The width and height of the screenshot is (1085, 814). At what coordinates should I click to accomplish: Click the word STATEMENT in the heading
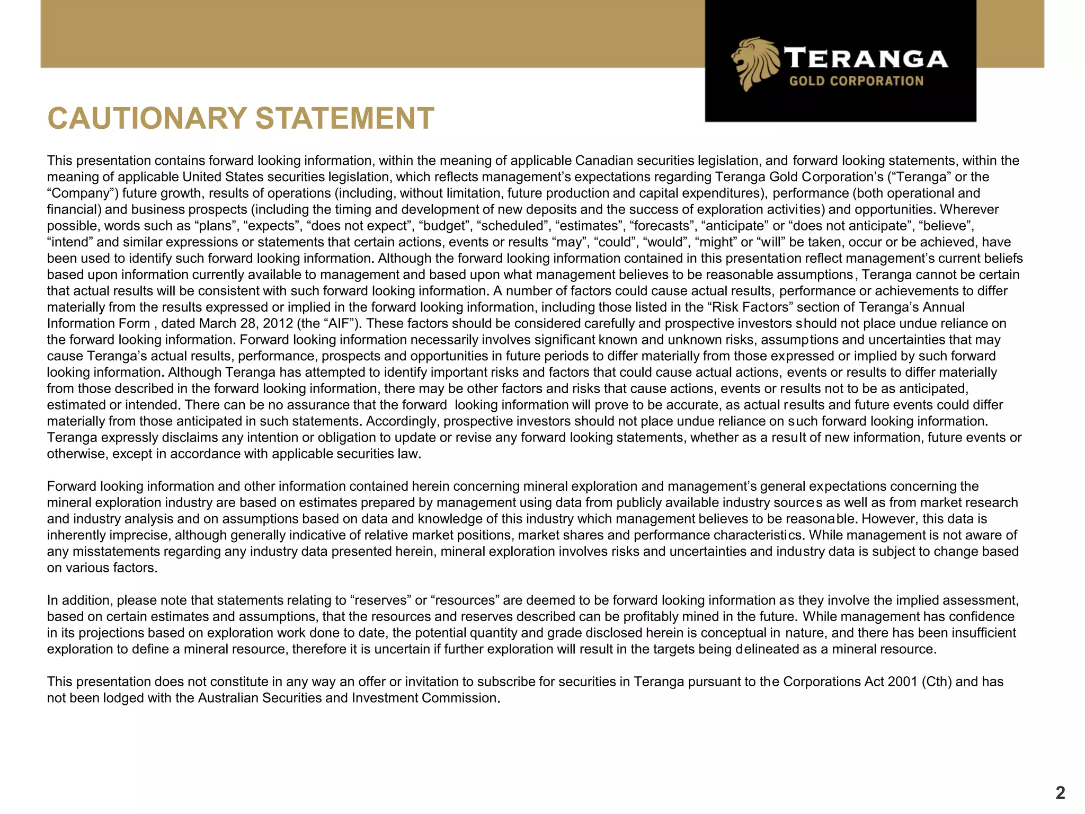point(345,118)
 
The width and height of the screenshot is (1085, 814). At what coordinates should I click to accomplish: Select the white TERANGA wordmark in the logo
point(866,58)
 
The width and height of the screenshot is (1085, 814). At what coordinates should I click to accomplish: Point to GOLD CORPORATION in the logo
point(856,81)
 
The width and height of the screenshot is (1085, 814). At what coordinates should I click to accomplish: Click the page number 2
point(1060,793)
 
